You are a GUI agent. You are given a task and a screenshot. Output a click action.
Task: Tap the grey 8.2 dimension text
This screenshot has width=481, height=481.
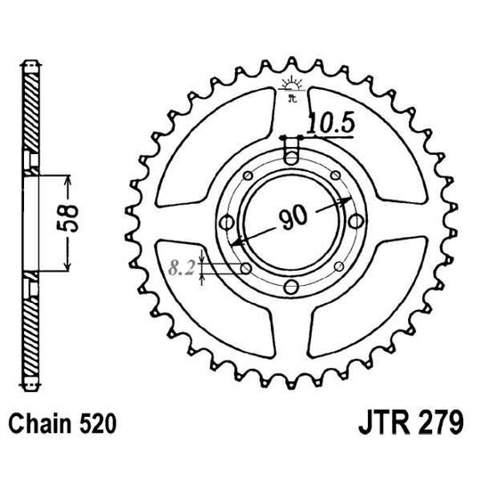coord(183,265)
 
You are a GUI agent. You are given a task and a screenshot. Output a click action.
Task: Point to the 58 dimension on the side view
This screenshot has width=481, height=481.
coord(77,217)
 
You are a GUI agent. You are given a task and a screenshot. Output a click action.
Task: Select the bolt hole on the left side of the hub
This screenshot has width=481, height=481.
coord(224,219)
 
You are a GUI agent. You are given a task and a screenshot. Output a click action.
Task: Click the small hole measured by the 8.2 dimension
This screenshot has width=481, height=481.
coord(244,267)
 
